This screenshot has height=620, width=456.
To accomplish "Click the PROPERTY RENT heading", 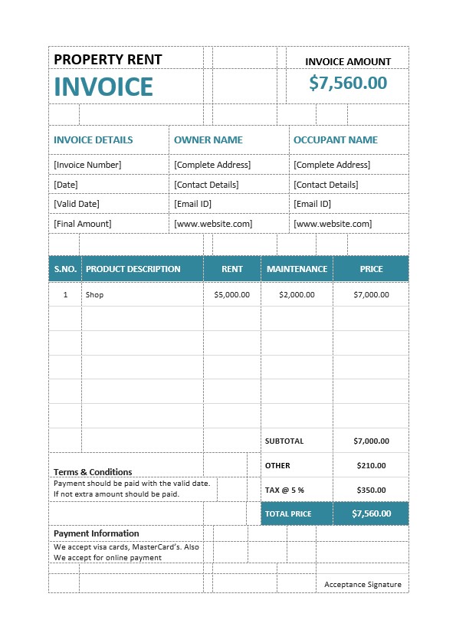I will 107,60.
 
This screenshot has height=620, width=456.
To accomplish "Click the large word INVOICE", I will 103,87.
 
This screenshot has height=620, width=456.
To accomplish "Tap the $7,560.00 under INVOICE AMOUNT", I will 348,83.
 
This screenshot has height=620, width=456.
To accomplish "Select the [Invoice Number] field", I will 87,165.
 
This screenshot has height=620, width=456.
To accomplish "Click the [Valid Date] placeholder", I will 77,204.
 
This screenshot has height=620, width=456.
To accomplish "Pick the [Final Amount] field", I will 82,224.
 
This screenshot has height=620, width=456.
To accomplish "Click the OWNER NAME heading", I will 208,140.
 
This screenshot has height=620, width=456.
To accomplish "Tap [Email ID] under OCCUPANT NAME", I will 312,204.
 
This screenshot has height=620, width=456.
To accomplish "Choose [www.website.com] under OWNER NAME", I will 213,224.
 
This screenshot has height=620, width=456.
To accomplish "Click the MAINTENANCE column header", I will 297,269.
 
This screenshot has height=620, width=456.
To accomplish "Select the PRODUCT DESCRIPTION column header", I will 133,269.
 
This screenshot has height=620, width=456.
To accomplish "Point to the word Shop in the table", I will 94,295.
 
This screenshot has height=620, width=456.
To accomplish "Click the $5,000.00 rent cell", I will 231,295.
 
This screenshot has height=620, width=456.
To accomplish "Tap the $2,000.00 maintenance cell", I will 297,295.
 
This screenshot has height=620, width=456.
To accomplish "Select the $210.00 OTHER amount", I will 371,465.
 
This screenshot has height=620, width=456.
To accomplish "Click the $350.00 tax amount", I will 371,490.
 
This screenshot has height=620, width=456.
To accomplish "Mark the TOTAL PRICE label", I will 288,513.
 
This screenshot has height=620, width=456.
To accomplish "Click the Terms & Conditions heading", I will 93,472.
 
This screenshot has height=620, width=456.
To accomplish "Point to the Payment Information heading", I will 97,533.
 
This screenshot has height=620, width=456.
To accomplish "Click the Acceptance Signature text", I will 363,585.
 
